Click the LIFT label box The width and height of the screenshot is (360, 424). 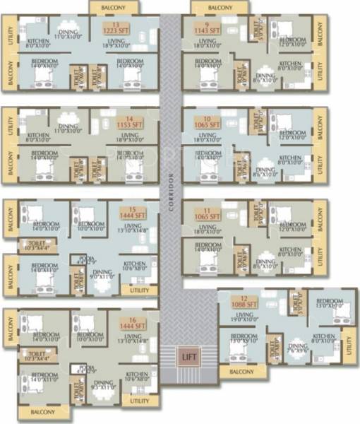pos(188,355)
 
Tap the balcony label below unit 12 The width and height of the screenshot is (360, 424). pos(241,372)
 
